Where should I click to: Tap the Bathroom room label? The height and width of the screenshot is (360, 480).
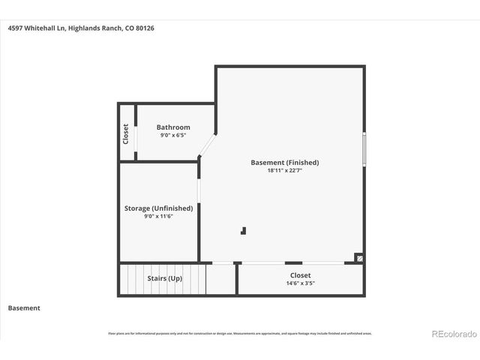click(173, 127)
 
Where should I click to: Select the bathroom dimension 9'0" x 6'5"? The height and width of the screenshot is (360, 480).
click(173, 136)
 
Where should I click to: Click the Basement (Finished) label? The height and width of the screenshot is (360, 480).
click(284, 162)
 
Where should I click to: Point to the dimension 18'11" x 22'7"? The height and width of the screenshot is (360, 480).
click(284, 170)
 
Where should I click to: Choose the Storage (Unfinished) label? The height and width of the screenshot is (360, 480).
click(158, 208)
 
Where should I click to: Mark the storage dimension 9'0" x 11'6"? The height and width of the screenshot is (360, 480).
click(158, 217)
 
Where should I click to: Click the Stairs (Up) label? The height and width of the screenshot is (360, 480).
click(164, 278)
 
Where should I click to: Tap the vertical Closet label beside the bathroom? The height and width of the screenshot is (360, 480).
click(126, 133)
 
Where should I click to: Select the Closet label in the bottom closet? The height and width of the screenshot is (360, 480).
click(300, 275)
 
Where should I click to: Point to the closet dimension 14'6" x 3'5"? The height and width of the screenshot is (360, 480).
click(300, 283)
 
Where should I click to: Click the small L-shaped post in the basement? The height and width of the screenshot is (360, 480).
click(243, 231)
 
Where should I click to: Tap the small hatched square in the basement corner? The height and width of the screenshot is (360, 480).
click(360, 257)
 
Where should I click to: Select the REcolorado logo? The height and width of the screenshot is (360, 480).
click(453, 333)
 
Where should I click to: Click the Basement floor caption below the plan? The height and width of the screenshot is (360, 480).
click(24, 308)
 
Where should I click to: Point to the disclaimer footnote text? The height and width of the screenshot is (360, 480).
click(240, 333)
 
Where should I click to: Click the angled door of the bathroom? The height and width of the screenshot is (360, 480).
click(208, 145)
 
